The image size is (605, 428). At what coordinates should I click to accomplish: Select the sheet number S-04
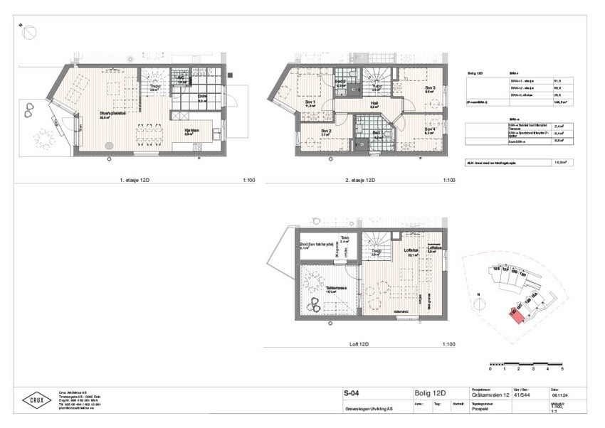349,393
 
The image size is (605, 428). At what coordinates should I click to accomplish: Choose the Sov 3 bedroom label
429,88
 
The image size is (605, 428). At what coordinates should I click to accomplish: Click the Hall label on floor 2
374,103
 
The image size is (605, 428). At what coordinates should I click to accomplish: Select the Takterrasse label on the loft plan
330,289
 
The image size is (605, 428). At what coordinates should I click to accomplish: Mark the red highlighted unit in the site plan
516,314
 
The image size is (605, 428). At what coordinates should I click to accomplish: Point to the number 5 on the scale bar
562,370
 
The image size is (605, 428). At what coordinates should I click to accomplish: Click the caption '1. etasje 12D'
135,181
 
